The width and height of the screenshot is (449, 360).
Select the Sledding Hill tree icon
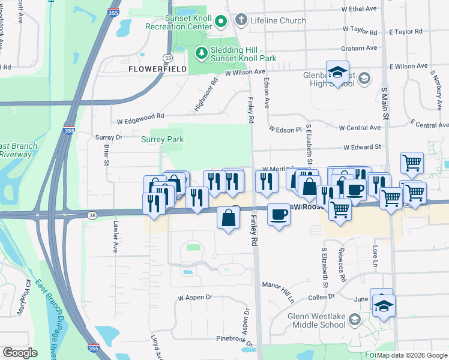pos(202,53)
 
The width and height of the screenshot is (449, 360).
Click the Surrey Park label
pos(162,139)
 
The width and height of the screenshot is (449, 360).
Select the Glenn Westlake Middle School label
pos(309,321)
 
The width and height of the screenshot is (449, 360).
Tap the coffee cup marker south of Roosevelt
pos(279,215)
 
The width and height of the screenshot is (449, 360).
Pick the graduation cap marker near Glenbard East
pos(338,73)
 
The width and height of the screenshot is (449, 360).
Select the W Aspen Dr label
pos(195,298)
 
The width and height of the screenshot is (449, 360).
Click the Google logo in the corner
pos(20,352)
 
